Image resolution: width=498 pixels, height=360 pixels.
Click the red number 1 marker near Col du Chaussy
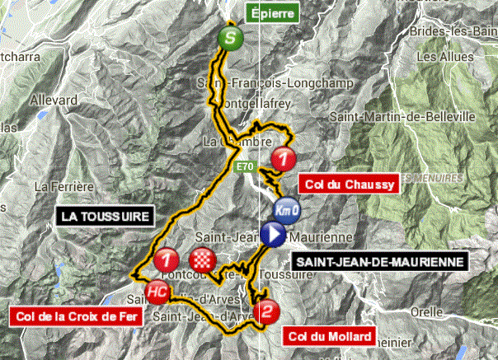pyautogui.click(x=285, y=157)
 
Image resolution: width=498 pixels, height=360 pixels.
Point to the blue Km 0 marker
pyautogui.click(x=287, y=211)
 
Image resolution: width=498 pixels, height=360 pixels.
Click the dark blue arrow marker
pyautogui.click(x=273, y=236)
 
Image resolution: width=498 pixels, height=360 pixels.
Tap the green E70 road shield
pyautogui.click(x=242, y=167)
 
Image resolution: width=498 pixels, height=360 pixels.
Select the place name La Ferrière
pyautogui.click(x=57, y=186)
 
